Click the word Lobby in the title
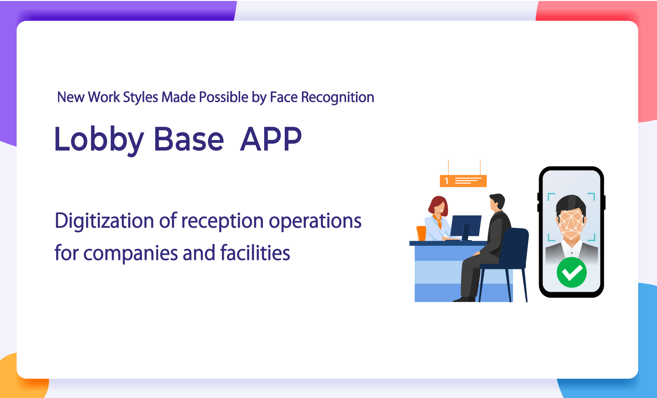tap(99, 139)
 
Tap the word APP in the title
tap(271, 139)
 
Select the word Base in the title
tap(189, 139)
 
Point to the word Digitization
tap(104, 221)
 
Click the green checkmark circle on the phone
tap(571, 272)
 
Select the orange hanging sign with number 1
tap(463, 181)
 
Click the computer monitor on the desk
tap(466, 226)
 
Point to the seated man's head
tap(497, 201)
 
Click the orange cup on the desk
tap(422, 233)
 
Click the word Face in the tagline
tap(283, 97)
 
